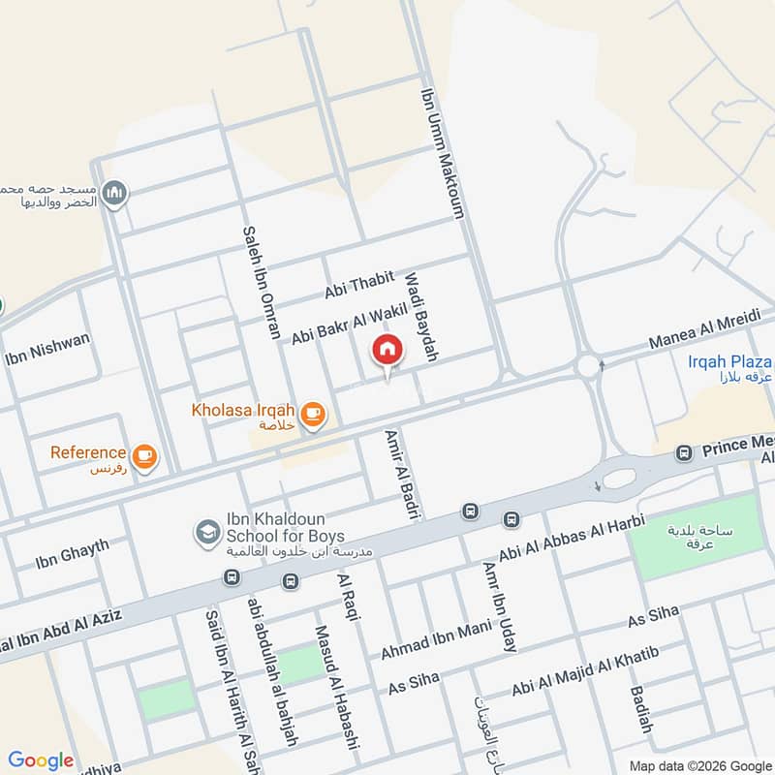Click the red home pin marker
pos(387,350)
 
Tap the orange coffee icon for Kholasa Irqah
pos(312,415)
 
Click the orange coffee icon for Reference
pos(144,456)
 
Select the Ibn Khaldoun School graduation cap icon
pos(206,531)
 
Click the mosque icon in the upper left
pos(115,194)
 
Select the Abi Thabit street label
pos(359,286)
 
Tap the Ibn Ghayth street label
pos(72,553)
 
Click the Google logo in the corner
pos(41,759)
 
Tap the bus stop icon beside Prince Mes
pos(685,452)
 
